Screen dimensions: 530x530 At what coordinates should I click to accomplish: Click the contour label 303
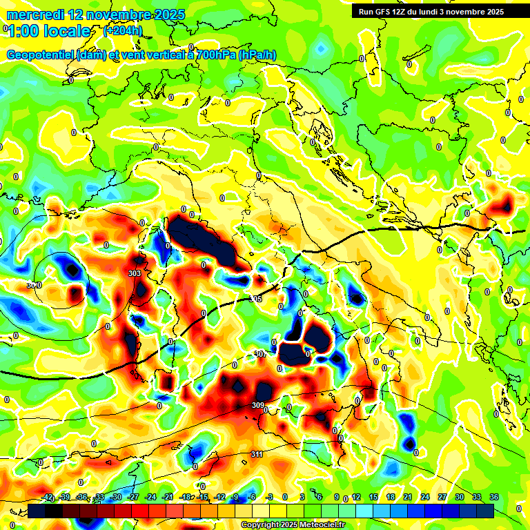(135, 274)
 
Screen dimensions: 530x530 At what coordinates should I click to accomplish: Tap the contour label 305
(255, 299)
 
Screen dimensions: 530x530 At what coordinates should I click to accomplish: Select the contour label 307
(260, 354)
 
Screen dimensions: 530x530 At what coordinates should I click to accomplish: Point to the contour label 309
(258, 405)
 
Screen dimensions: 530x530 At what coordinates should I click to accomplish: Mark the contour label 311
(257, 454)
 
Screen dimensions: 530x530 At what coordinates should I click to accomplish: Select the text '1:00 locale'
(48, 31)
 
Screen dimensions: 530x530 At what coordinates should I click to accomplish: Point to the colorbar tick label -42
(48, 497)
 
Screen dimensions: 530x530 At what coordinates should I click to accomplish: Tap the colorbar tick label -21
(168, 497)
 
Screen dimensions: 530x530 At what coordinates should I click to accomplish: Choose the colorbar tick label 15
(373, 497)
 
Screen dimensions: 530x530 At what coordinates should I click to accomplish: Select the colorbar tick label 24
(424, 497)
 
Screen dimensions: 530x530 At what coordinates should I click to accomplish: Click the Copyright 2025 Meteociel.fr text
(293, 524)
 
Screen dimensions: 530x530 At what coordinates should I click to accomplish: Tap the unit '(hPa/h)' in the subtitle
(257, 55)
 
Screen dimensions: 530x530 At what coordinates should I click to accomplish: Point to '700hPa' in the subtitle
(213, 55)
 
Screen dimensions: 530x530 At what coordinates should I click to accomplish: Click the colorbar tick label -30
(117, 497)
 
